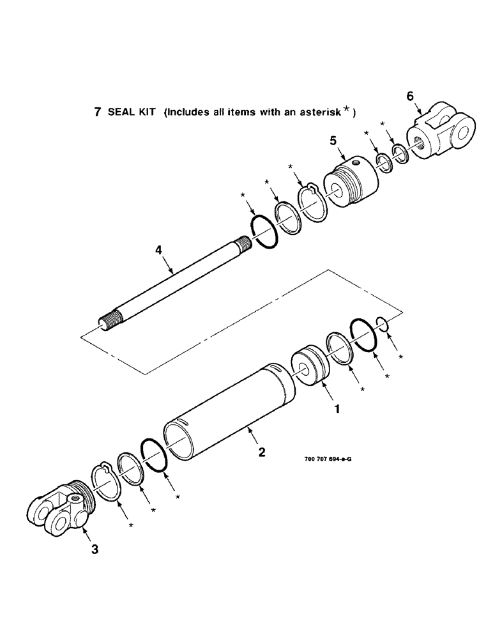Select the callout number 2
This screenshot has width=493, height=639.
[x=262, y=452]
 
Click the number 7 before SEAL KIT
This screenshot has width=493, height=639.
[x=98, y=112]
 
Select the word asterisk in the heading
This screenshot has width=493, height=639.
[x=318, y=112]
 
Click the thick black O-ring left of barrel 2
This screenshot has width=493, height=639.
[x=153, y=455]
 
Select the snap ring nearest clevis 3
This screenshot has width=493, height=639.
[x=107, y=482]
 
